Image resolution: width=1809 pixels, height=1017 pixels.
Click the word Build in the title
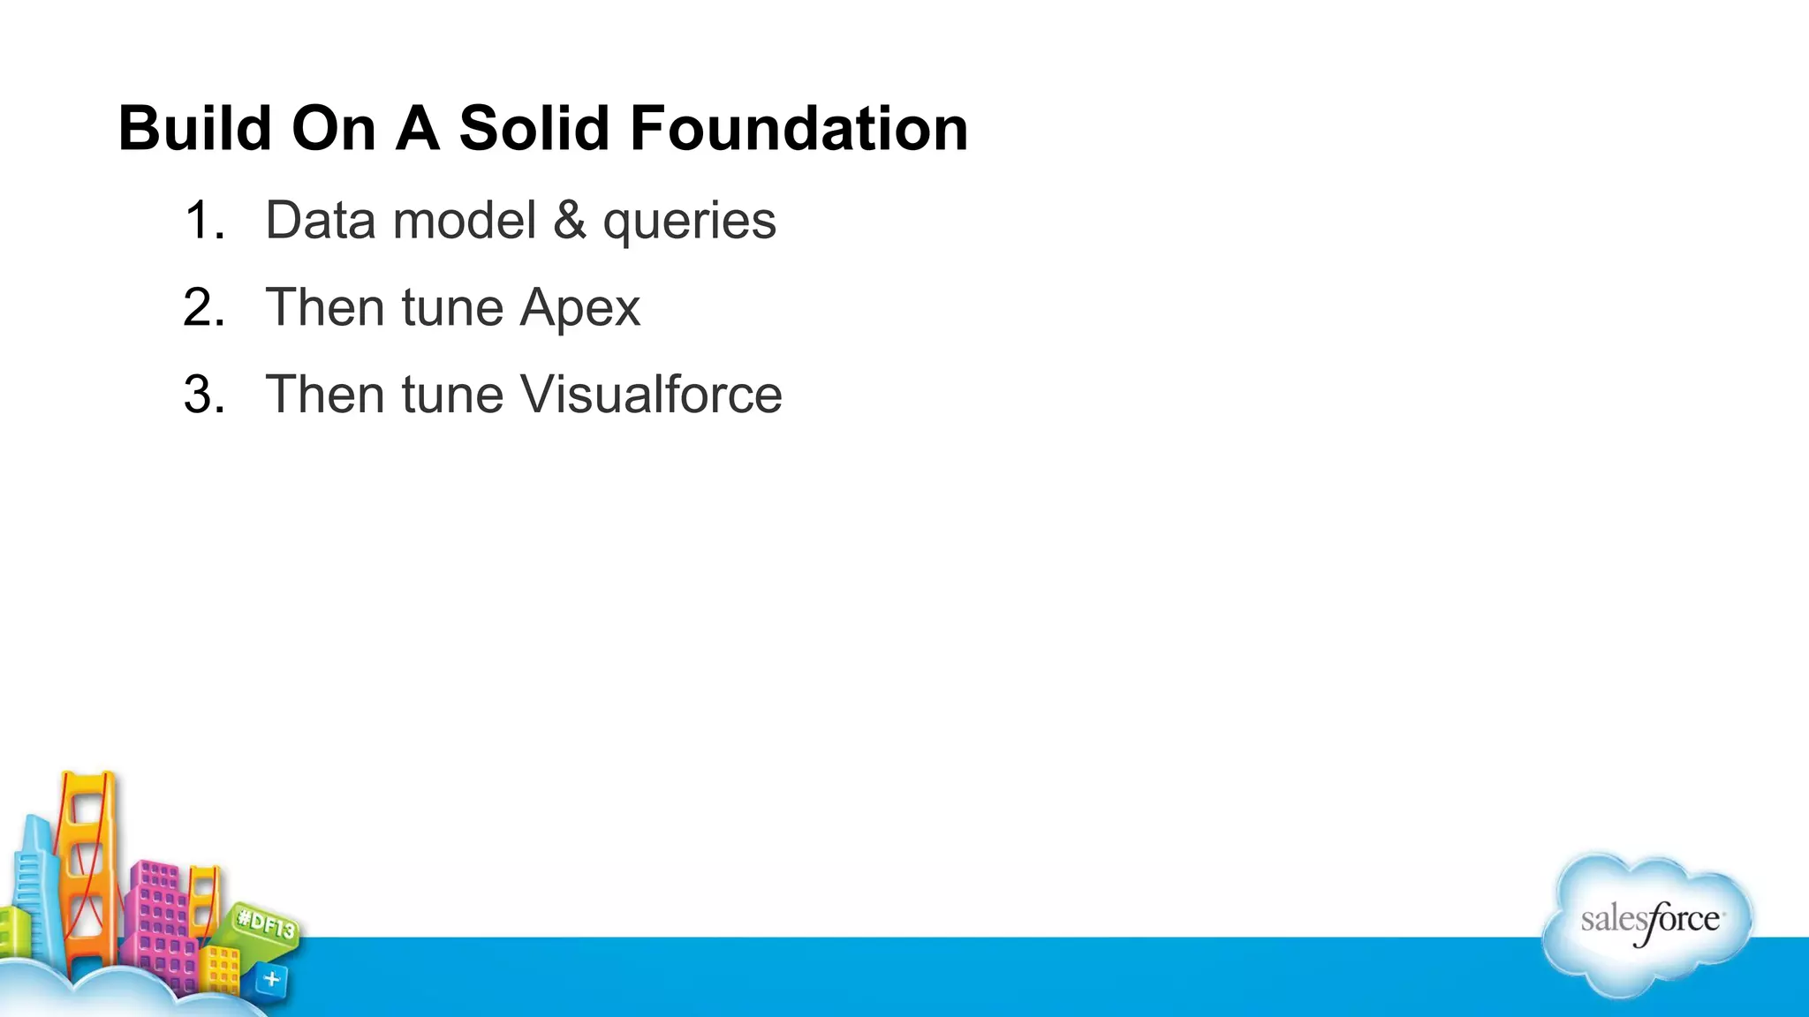tap(195, 129)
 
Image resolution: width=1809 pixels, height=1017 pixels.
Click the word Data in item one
tap(321, 220)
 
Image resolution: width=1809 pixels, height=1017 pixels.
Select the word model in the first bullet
tap(465, 220)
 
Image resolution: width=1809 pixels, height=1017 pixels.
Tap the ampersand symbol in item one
tap(570, 220)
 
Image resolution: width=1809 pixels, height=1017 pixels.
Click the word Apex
tap(579, 308)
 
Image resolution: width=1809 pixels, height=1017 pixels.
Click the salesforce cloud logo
tap(1648, 923)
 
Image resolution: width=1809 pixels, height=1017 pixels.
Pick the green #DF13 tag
tap(266, 926)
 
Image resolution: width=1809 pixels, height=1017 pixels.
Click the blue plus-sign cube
tap(271, 979)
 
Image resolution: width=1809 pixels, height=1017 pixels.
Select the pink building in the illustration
tap(159, 918)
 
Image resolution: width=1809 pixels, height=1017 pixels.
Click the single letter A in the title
tap(417, 129)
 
